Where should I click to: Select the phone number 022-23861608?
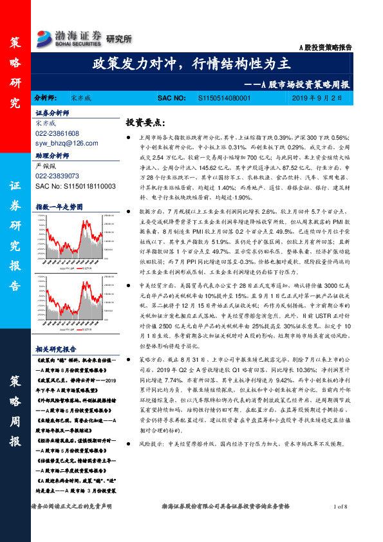pyautogui.click(x=57, y=133)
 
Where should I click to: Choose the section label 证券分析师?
pyautogui.click(x=52, y=112)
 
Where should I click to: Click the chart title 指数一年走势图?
pyautogui.click(x=60, y=207)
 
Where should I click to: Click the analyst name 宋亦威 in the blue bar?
pyautogui.click(x=82, y=98)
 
